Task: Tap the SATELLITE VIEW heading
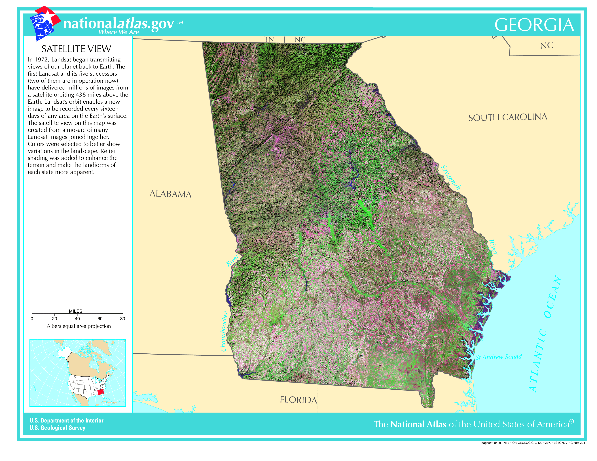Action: (x=76, y=49)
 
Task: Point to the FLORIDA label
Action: (x=298, y=400)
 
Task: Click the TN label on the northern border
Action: (x=269, y=40)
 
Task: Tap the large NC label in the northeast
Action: (x=546, y=45)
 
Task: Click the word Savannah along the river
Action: (x=450, y=177)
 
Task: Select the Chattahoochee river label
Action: (x=224, y=331)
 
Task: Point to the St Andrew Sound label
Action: (x=499, y=357)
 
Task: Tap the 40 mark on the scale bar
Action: (x=77, y=319)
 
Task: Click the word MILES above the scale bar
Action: (x=75, y=311)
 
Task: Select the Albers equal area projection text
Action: (x=79, y=326)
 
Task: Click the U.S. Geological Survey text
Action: (x=57, y=428)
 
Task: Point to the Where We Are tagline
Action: (x=119, y=32)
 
